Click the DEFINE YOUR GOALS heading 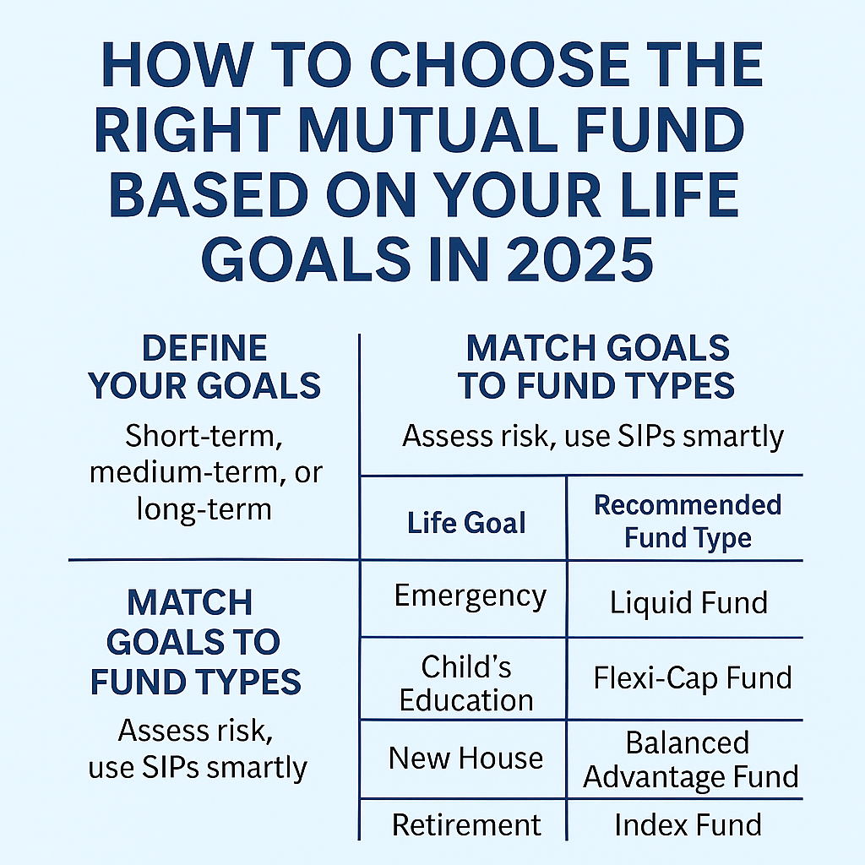coord(204,367)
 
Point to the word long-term coord(204,509)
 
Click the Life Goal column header coord(466,523)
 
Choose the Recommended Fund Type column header coord(688,521)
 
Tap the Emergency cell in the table coord(470,596)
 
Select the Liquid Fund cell coord(688,603)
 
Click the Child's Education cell coord(466,683)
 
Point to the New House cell coord(466,758)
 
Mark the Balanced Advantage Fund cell coord(690,759)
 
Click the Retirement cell coord(466,824)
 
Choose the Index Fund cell coord(688,824)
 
